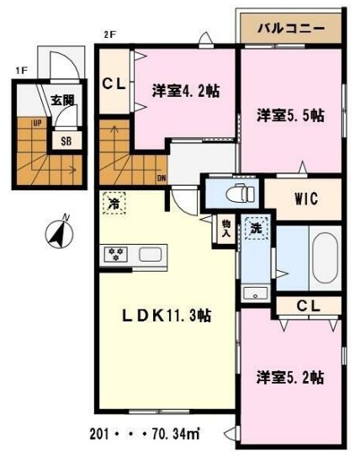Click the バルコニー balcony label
coord(291,28)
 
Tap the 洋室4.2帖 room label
coord(186,91)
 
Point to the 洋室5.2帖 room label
coord(290,378)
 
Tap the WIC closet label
coord(304,199)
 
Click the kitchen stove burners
coord(114,253)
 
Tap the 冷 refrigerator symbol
coord(113,203)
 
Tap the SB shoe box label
coord(65,141)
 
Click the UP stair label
coord(38,123)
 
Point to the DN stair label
coord(161,178)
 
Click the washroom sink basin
coord(255,294)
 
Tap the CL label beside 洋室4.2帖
coord(114,83)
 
